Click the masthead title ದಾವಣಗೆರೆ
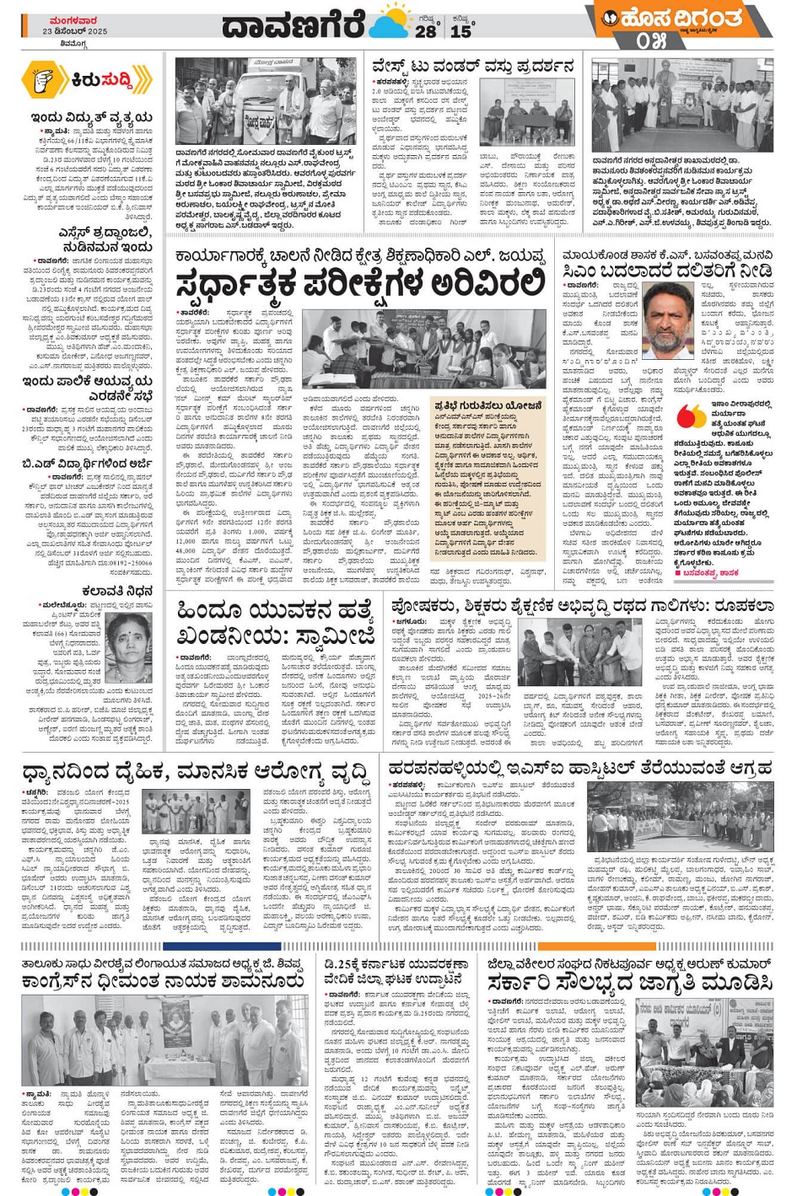pyautogui.click(x=293, y=24)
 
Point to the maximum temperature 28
pyautogui.click(x=425, y=30)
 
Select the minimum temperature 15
pyautogui.click(x=461, y=30)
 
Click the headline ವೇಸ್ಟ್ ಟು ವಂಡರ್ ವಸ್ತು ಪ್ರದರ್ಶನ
pyautogui.click(x=473, y=66)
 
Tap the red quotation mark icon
pyautogui.click(x=690, y=416)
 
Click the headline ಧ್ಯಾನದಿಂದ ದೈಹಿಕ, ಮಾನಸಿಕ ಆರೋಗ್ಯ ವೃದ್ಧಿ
pyautogui.click(x=196, y=770)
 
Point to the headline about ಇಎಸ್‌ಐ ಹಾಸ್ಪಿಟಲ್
pyautogui.click(x=580, y=769)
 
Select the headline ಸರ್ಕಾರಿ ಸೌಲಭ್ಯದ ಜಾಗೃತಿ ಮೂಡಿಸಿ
pyautogui.click(x=629, y=983)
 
